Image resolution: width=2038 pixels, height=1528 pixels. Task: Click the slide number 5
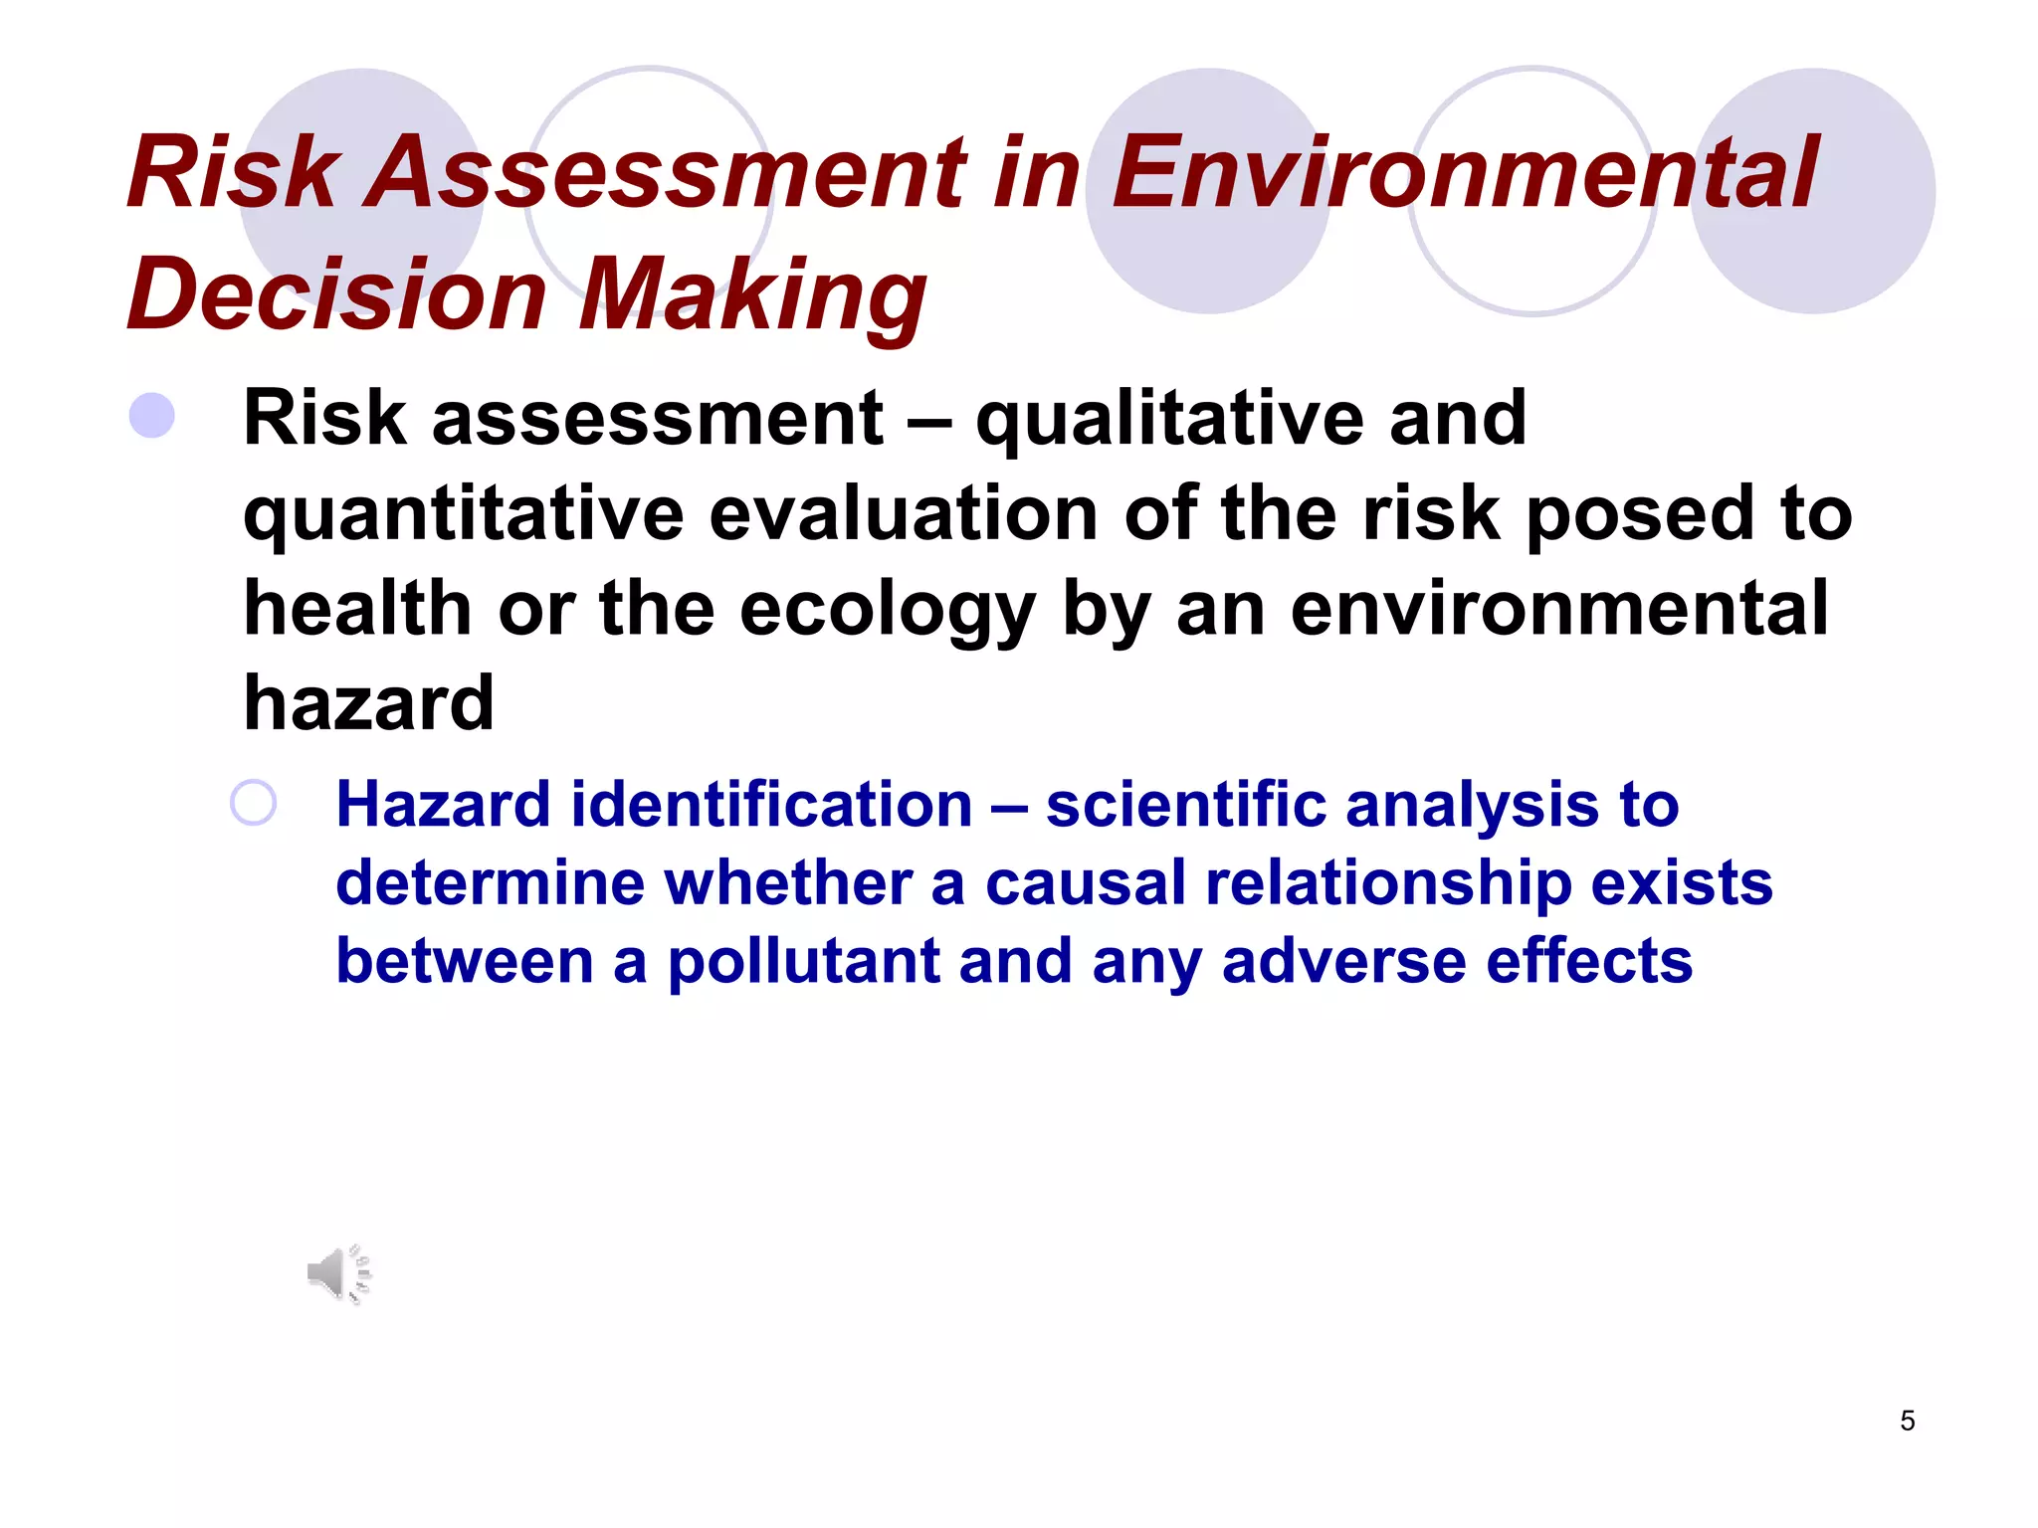click(1907, 1421)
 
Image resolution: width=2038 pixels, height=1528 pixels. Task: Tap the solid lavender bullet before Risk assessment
click(152, 416)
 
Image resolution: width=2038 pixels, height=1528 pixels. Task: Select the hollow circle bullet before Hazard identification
click(253, 803)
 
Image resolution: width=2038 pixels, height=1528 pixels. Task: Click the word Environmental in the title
click(1465, 173)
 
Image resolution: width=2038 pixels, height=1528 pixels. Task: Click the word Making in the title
click(753, 294)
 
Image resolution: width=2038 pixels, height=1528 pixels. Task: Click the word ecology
click(888, 611)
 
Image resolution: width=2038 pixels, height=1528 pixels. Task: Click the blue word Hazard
click(443, 804)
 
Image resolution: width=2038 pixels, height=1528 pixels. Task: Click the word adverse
click(1343, 962)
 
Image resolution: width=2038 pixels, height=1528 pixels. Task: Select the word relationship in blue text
click(1387, 883)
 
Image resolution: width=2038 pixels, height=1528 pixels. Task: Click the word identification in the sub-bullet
click(771, 804)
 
